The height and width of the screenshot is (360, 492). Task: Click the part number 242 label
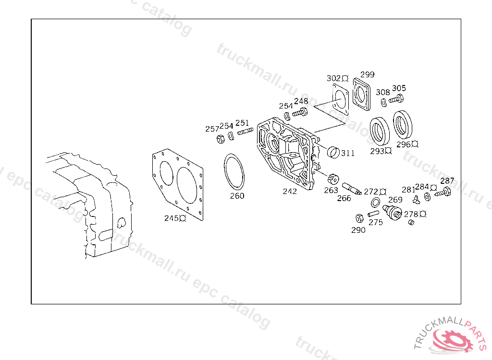click(x=290, y=191)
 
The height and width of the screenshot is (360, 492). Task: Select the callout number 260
click(x=237, y=196)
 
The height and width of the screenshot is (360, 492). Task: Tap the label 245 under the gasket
click(x=172, y=218)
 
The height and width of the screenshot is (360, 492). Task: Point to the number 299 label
click(x=367, y=74)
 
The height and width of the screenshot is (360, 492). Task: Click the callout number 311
click(x=348, y=153)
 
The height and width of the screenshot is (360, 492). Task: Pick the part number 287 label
click(x=447, y=181)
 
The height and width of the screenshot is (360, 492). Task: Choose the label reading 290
click(x=358, y=230)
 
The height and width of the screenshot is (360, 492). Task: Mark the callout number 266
click(x=344, y=198)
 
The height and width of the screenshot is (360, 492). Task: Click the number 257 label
click(x=212, y=129)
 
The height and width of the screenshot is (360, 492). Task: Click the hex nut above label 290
click(x=359, y=218)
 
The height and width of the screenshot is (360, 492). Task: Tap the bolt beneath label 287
click(x=443, y=193)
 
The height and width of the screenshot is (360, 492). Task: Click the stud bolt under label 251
click(x=245, y=132)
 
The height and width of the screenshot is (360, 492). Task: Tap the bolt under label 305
click(x=395, y=99)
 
